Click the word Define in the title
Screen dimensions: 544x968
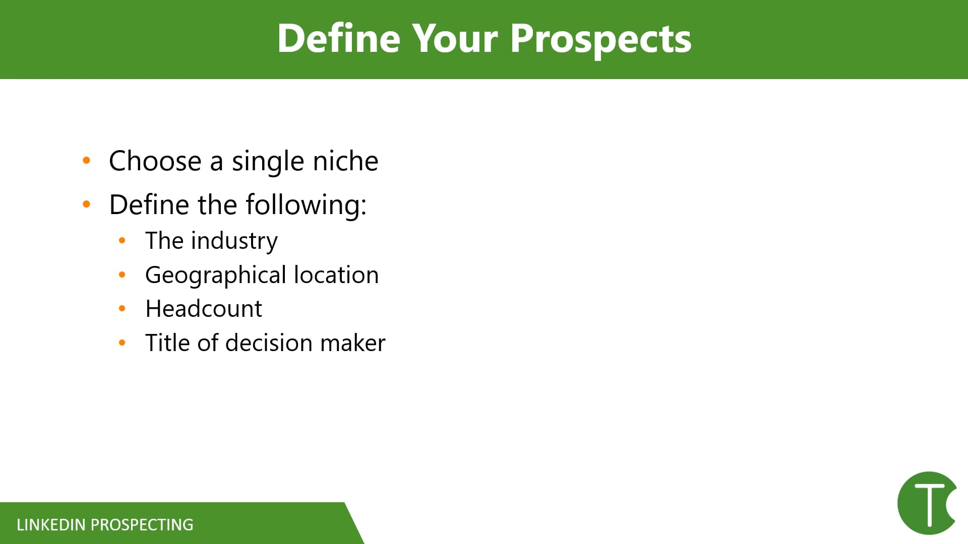coord(338,39)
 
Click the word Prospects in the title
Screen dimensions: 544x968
coord(600,39)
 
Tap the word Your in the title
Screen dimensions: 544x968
coord(455,39)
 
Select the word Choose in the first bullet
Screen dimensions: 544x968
coord(155,161)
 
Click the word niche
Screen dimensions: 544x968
coord(345,161)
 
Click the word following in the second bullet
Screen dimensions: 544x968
coord(306,205)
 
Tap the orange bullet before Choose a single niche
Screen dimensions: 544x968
coord(87,161)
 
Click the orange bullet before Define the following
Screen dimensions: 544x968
coord(87,205)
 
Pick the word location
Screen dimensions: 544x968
coord(336,275)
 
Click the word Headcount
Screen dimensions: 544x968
coord(204,309)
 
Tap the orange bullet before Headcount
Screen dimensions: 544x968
coord(122,309)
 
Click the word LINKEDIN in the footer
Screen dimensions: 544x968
coord(51,525)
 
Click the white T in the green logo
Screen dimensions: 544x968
coord(929,504)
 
